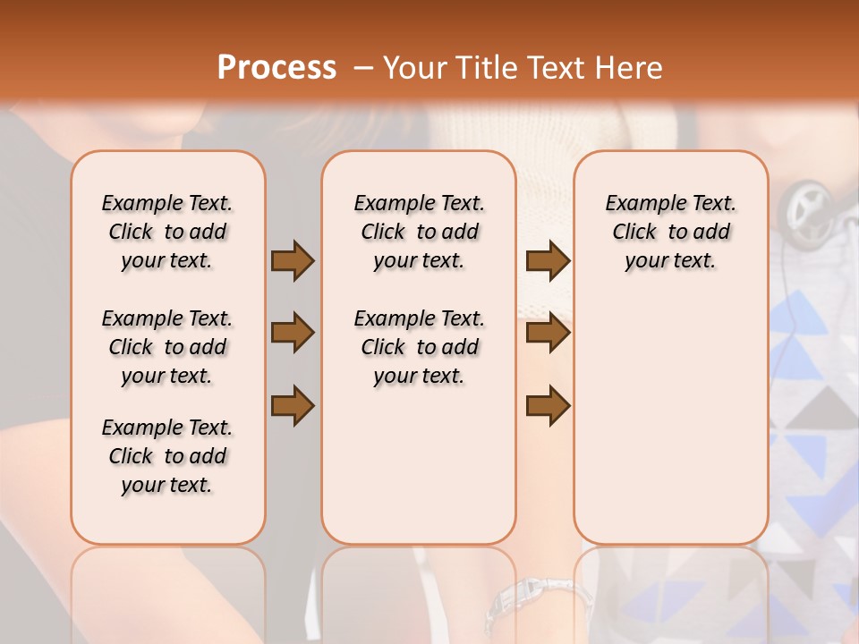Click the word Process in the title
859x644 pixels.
click(276, 67)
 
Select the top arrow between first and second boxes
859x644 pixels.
click(293, 260)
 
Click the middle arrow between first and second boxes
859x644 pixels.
click(293, 334)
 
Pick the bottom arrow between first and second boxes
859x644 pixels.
click(293, 406)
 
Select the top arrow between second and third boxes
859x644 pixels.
click(548, 260)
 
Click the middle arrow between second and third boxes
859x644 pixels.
click(548, 334)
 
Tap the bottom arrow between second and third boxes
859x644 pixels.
click(548, 406)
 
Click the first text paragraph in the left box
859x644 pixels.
click(167, 232)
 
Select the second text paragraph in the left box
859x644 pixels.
click(167, 347)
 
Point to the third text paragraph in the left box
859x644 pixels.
click(167, 456)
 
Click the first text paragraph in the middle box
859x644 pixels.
click(419, 232)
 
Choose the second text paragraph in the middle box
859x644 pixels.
click(419, 347)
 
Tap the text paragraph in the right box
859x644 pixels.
click(670, 232)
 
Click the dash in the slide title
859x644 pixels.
click(362, 68)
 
